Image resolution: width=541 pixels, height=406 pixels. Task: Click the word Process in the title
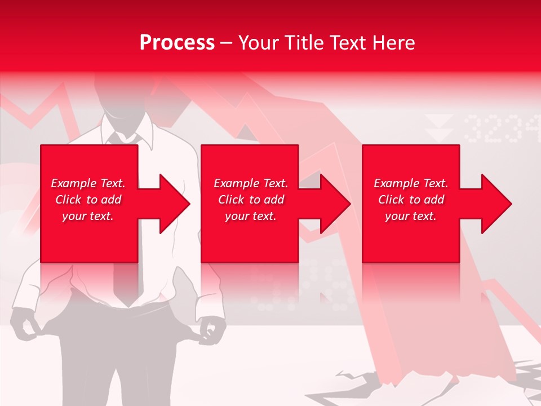click(177, 43)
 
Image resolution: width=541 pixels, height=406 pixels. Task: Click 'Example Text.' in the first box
click(88, 183)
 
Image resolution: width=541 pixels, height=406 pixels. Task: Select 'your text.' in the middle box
click(250, 216)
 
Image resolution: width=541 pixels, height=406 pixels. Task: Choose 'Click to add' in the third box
click(411, 200)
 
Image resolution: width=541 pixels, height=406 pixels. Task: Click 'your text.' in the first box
click(88, 216)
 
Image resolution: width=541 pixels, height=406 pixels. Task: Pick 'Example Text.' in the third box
click(411, 183)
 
